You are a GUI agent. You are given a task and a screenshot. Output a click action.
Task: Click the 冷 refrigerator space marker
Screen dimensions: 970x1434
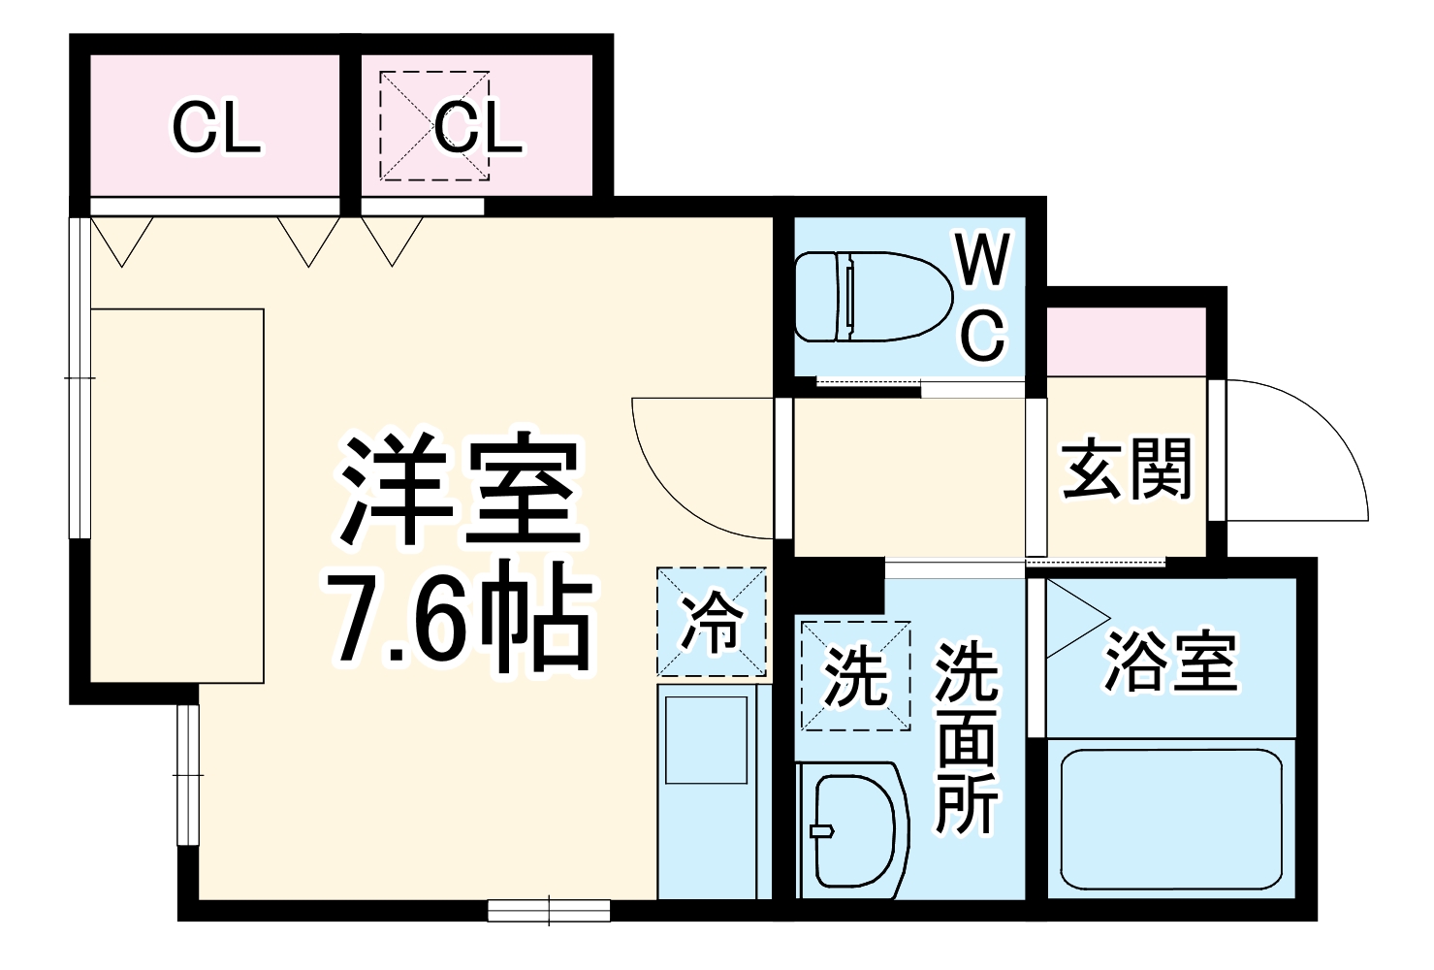click(712, 622)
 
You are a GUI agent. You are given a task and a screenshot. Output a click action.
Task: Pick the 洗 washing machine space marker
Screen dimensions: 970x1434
click(855, 675)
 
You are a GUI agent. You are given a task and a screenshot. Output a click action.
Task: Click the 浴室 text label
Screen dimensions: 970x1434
click(1171, 663)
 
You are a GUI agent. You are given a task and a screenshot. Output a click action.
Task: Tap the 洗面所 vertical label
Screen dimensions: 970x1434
click(966, 737)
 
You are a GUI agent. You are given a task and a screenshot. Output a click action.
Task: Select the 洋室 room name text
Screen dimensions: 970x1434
click(461, 490)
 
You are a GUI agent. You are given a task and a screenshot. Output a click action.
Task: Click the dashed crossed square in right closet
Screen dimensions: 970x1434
click(433, 126)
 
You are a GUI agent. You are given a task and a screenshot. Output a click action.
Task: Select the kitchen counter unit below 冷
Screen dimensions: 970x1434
click(714, 791)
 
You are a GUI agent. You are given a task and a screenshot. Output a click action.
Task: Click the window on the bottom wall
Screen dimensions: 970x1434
click(549, 910)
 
